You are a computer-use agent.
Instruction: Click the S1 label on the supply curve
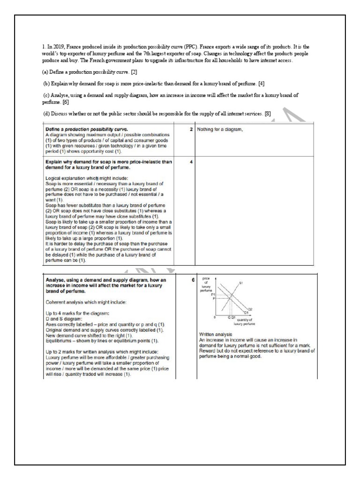(240, 283)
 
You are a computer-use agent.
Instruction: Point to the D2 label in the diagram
(250, 309)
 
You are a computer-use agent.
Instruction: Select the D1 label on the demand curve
(246, 313)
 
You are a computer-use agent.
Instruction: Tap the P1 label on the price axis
(212, 294)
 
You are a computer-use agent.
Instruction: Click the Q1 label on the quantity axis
(233, 317)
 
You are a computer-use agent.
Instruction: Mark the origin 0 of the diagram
(214, 317)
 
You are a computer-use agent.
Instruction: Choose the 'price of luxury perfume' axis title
(206, 284)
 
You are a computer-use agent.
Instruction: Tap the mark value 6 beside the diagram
(192, 280)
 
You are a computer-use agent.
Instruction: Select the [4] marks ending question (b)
(261, 83)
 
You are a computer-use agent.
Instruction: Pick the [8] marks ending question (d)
(268, 112)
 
